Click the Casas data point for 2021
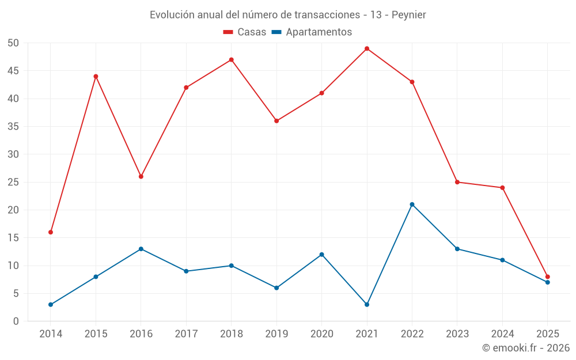click(367, 48)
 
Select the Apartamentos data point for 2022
click(412, 204)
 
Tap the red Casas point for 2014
click(51, 232)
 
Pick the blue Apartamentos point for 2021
click(367, 305)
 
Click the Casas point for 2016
click(141, 176)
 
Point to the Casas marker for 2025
click(547, 277)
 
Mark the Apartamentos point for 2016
click(141, 249)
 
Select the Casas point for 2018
click(231, 60)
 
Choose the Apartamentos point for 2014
click(51, 305)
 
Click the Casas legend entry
click(245, 32)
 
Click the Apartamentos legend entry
click(312, 32)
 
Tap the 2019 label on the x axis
click(276, 334)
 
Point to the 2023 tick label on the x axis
click(457, 334)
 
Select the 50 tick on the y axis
click(13, 43)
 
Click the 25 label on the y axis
click(13, 183)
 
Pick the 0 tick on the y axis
click(16, 321)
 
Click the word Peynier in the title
click(409, 15)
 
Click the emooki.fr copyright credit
click(526, 348)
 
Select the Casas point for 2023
click(457, 182)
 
